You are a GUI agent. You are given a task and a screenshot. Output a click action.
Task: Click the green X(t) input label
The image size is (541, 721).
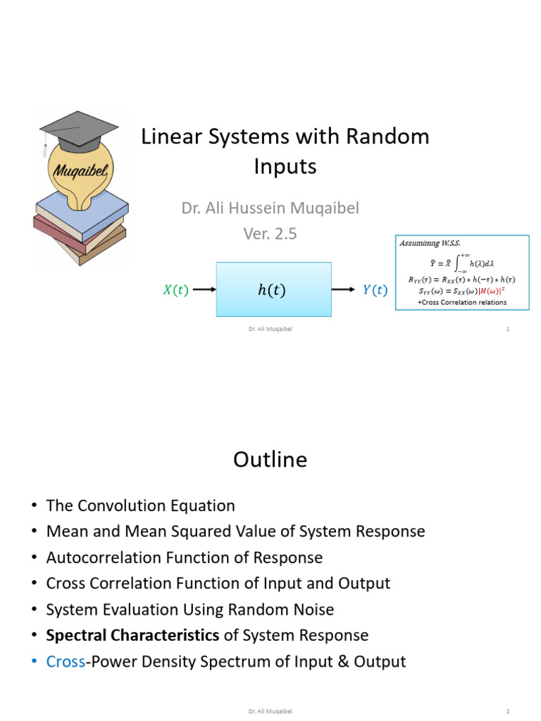pos(175,290)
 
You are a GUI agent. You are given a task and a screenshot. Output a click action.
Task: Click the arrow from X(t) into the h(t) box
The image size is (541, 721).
pos(204,289)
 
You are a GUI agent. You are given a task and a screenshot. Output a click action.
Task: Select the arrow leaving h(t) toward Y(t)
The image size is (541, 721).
pos(344,289)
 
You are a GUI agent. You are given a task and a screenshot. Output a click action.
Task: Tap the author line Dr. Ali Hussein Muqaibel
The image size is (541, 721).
pos(270,209)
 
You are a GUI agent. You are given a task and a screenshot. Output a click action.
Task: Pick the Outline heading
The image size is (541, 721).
pos(270,460)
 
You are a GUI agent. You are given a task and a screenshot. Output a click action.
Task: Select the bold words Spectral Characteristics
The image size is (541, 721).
pos(132,635)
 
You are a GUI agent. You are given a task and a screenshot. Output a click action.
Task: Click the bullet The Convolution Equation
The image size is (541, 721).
pos(140,506)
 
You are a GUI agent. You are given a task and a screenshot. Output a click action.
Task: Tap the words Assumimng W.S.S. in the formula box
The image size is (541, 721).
pos(430,243)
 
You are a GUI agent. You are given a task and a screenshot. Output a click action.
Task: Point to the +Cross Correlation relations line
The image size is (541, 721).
pos(461,302)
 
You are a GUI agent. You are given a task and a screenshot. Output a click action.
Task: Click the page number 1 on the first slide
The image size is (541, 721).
pos(507,329)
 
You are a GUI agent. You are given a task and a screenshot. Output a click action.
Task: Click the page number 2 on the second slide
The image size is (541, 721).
pos(507,712)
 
